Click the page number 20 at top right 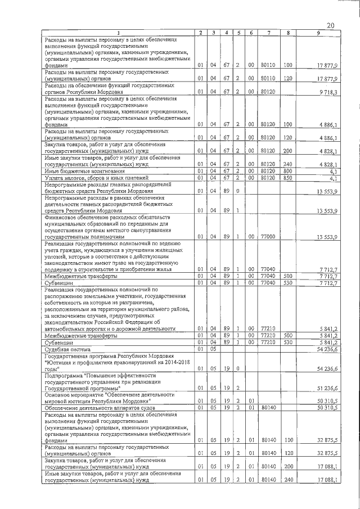point(331,24)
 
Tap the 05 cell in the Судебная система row point(213,349)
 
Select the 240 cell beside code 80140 point(287,480)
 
